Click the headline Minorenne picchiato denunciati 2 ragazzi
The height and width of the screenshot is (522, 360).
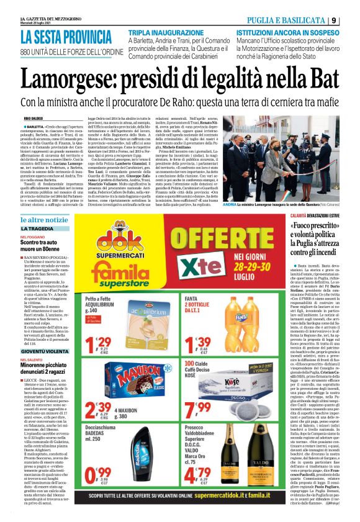43,367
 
